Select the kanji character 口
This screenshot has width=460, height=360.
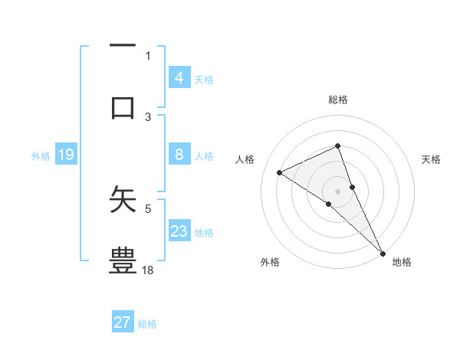123,106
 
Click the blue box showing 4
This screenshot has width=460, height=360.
179,77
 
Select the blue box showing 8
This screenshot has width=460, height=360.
179,155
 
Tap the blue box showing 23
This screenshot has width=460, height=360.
179,231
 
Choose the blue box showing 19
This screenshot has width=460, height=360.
65,155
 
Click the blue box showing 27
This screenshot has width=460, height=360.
123,322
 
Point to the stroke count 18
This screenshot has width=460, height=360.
148,270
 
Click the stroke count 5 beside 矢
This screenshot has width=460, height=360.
148,208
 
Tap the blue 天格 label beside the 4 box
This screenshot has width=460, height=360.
204,79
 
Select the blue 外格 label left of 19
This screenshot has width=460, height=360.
41,156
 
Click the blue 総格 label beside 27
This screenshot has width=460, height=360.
147,324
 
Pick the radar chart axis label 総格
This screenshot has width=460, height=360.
338,100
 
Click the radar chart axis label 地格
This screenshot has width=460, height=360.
402,262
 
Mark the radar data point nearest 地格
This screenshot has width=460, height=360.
383,252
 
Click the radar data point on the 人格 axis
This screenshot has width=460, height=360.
280,172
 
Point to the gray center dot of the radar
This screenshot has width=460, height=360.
338,191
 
